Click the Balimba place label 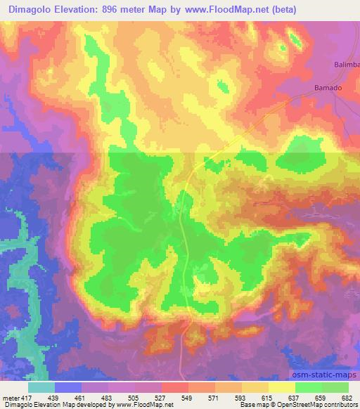(x=346, y=65)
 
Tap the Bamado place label (x=327, y=89)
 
